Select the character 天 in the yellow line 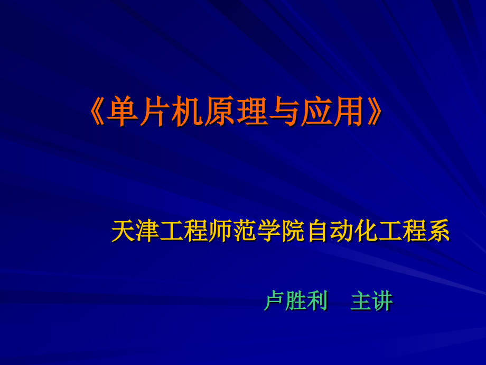tap(123, 232)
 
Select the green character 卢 tap(274, 301)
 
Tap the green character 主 tap(361, 301)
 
